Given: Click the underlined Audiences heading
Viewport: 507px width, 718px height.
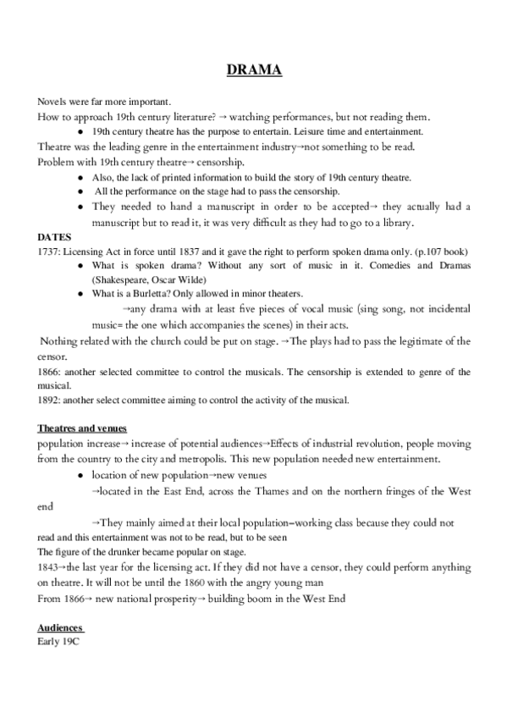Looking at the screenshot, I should tap(60, 628).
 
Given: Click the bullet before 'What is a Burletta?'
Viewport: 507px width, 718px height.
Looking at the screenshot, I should tap(79, 294).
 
